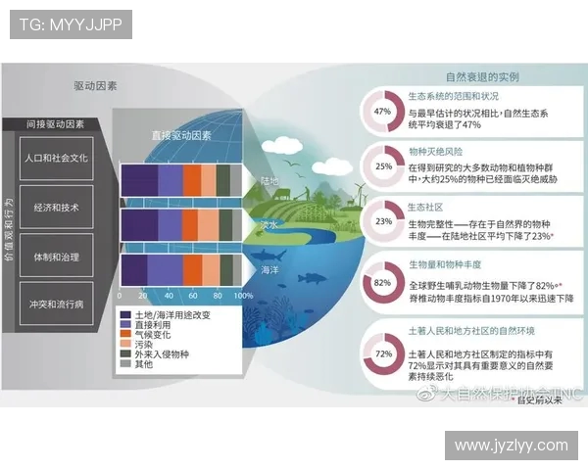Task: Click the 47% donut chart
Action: pyautogui.click(x=383, y=112)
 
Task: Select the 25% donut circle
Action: pyautogui.click(x=383, y=166)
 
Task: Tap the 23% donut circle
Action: pyautogui.click(x=383, y=221)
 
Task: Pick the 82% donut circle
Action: pyautogui.click(x=383, y=283)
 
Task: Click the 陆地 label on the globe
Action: pyautogui.click(x=269, y=181)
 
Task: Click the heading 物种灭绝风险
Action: pyautogui.click(x=435, y=153)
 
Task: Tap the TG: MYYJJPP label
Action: pyautogui.click(x=71, y=24)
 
